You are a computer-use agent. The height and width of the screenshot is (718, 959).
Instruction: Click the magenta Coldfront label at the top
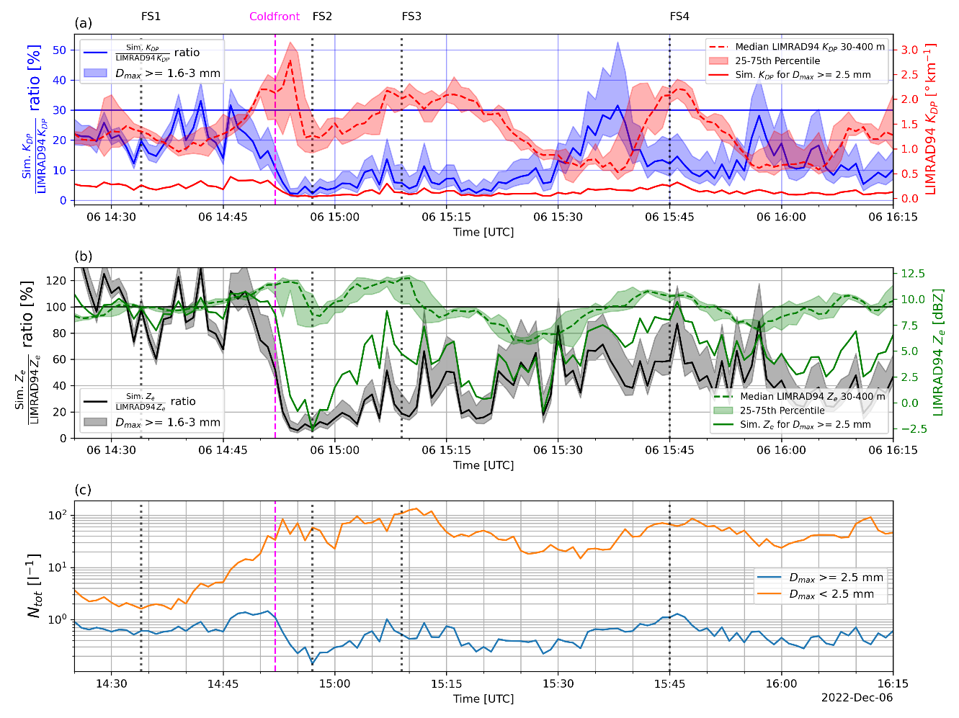tap(275, 17)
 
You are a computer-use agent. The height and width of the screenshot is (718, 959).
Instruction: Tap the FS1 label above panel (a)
tap(151, 17)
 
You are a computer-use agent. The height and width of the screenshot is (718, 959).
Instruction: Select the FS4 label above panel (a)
tap(679, 17)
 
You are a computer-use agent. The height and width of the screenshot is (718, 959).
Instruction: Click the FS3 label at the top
tap(411, 17)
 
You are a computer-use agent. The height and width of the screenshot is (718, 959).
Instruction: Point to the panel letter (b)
tap(84, 256)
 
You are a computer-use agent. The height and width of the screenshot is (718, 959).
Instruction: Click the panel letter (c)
tap(83, 490)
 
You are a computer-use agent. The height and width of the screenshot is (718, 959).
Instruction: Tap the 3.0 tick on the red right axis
tap(909, 50)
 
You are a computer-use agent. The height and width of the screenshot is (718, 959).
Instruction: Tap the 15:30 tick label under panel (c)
tap(558, 683)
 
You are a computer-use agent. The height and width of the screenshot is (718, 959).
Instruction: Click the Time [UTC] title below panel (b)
tap(483, 465)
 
